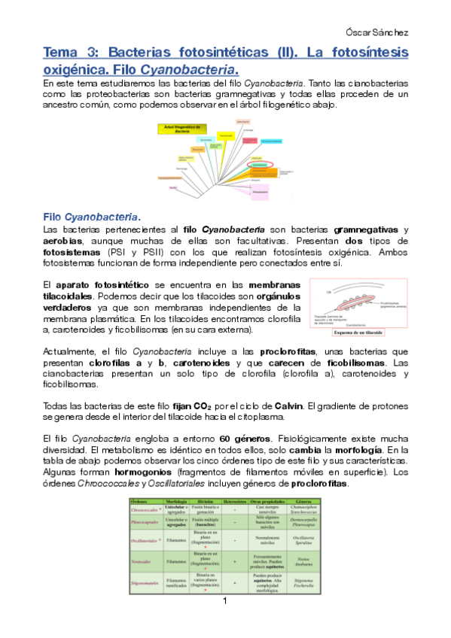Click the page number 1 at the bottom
225,622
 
